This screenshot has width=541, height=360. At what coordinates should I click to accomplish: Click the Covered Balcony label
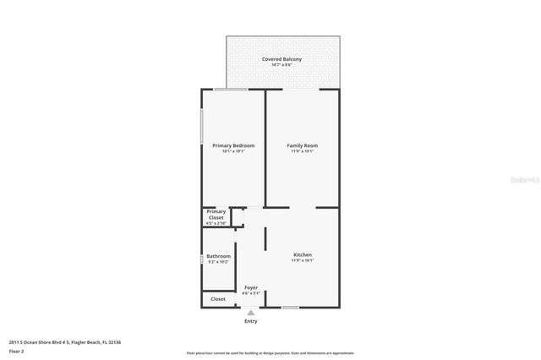pos(281,59)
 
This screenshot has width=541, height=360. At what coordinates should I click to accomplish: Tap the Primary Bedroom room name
pos(232,146)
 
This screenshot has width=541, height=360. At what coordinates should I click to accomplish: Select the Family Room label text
pos(302,146)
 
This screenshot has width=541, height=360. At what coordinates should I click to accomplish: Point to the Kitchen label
pos(302,255)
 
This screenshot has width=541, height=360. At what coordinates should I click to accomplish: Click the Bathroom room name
pos(219,256)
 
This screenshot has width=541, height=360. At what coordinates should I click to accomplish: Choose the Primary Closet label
pos(216,215)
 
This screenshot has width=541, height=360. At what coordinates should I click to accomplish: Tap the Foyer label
pos(251,288)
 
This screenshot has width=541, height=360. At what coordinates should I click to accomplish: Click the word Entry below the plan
pos(251,321)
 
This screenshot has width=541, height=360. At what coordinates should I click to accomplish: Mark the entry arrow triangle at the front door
pos(251,313)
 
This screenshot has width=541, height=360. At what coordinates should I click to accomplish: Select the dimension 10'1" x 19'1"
pos(232,152)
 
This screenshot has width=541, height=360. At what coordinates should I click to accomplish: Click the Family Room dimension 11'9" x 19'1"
pos(302,152)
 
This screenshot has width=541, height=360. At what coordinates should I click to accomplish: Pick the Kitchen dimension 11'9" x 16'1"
pos(302,261)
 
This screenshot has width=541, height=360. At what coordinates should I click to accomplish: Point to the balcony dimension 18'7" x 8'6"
pos(281,65)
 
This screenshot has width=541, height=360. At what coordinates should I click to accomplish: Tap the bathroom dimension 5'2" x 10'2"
pos(219,262)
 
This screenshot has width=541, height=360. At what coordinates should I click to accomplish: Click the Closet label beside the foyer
pos(218,299)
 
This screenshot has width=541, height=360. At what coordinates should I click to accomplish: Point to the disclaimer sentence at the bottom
pos(270,353)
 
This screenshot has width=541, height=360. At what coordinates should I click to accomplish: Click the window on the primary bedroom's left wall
pos(201,127)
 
